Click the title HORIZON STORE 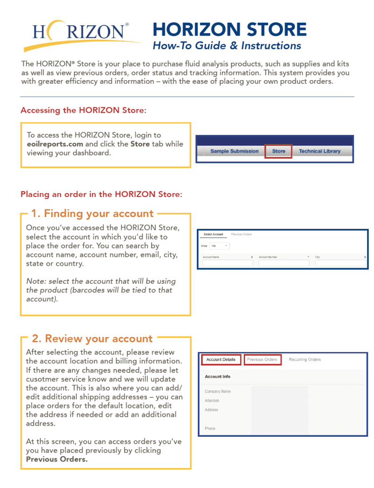point(230,29)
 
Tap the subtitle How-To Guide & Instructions point(226,46)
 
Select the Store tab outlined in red point(278,151)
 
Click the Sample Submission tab point(234,151)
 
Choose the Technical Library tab point(320,151)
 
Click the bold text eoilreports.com point(55,144)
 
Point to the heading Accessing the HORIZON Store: point(83,110)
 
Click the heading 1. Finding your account point(92,213)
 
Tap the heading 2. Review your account point(92,339)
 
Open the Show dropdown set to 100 point(219,246)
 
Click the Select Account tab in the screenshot point(213,235)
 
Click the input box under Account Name point(227,263)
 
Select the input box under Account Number point(284,263)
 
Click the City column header point(318,257)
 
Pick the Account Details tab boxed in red point(221,360)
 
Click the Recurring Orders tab point(304,360)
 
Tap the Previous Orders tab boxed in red point(262,360)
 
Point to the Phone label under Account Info point(210,428)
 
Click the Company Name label point(218,391)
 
